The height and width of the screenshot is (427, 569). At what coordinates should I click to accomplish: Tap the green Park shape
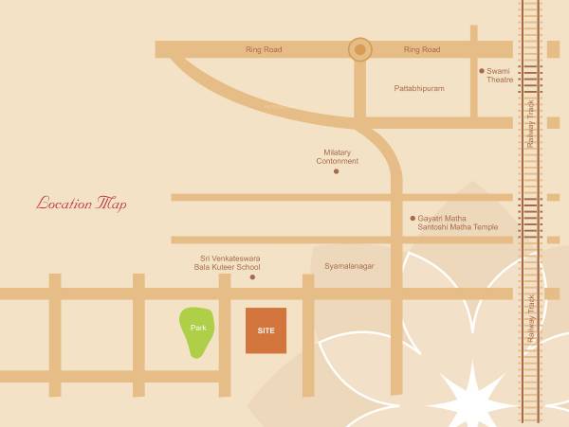(x=197, y=333)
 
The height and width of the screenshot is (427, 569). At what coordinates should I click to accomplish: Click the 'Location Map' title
(x=82, y=204)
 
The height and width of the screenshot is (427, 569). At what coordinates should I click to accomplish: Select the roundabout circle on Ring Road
(x=359, y=49)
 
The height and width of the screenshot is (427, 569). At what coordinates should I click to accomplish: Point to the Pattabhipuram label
(x=419, y=88)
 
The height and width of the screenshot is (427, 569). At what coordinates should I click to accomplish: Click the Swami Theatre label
(x=500, y=75)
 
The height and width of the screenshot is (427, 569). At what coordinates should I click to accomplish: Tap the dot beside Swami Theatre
(x=481, y=71)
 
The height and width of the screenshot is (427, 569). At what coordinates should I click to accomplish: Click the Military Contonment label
(x=338, y=156)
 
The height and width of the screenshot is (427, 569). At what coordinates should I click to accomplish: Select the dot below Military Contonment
(x=337, y=171)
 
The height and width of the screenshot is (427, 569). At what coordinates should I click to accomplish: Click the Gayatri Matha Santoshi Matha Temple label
(x=457, y=222)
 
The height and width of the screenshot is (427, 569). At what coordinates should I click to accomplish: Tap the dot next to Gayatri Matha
(x=413, y=218)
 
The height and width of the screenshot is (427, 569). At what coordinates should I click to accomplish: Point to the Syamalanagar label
(x=349, y=266)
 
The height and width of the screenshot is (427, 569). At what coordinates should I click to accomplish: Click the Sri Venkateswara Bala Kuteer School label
(x=229, y=262)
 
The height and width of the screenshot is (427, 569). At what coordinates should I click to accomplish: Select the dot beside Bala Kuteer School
(x=252, y=276)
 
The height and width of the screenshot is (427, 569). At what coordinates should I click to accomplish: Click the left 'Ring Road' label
(x=264, y=49)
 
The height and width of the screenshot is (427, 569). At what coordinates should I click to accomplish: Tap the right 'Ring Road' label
(x=422, y=49)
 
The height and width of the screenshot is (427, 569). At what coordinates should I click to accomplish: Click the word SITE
(x=266, y=330)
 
